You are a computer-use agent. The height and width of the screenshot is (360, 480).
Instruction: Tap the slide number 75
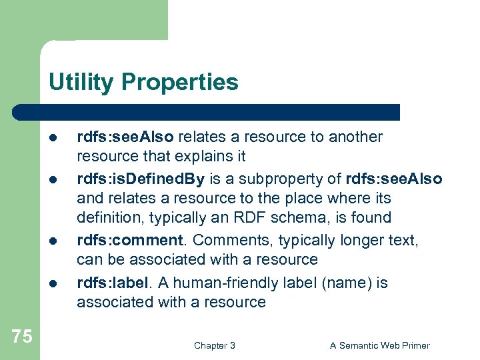pyautogui.click(x=21, y=337)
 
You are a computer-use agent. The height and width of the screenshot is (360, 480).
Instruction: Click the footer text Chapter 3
pyautogui.click(x=214, y=345)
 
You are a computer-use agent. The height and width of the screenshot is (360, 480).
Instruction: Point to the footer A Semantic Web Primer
pyautogui.click(x=380, y=345)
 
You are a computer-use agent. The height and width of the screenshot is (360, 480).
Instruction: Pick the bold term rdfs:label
pyautogui.click(x=113, y=283)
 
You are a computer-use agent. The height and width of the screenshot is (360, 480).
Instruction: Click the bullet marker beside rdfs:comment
pyautogui.click(x=52, y=241)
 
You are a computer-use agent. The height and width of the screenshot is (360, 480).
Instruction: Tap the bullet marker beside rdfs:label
pyautogui.click(x=52, y=283)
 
